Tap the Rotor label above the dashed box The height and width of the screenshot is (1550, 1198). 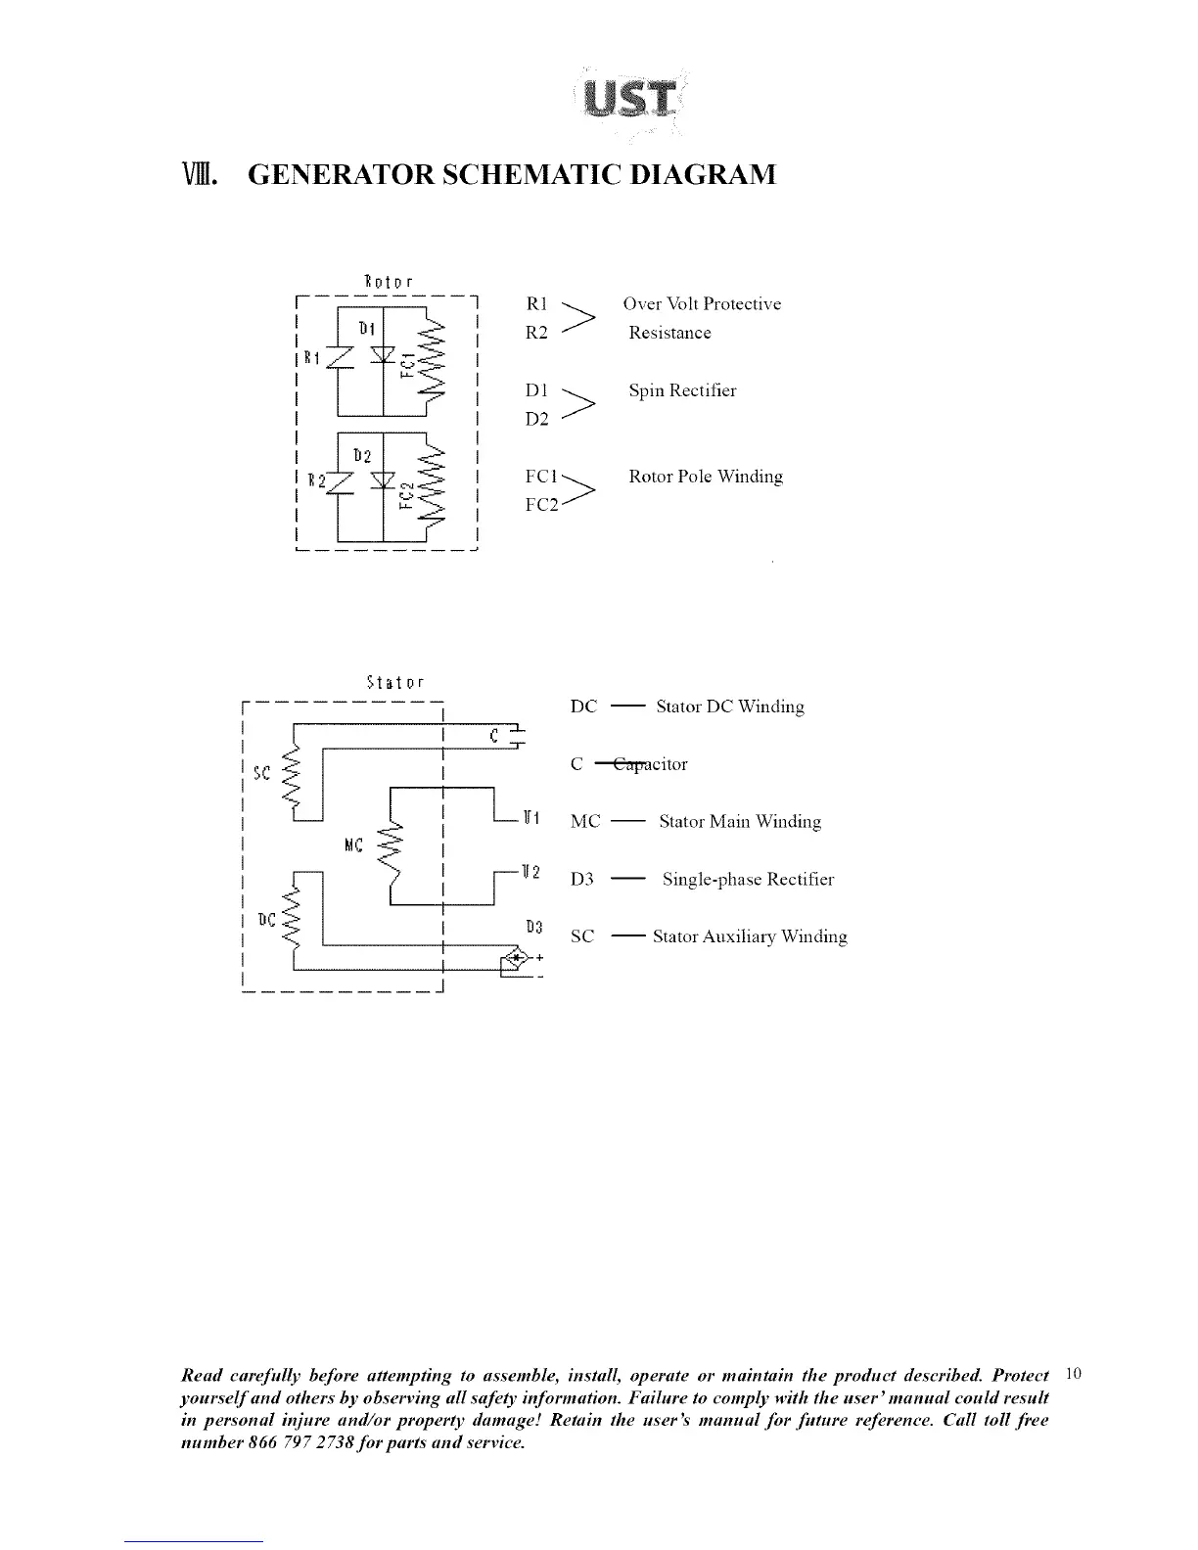click(x=389, y=283)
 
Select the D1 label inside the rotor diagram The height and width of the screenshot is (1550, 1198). click(x=363, y=326)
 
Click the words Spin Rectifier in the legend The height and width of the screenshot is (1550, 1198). click(x=682, y=390)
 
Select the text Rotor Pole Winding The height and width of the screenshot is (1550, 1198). click(x=705, y=477)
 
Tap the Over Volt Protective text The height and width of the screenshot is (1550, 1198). click(x=702, y=303)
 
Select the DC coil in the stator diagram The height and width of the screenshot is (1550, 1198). click(x=290, y=920)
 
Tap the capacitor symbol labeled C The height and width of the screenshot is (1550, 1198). click(x=517, y=737)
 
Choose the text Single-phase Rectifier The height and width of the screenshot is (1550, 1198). click(x=748, y=879)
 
